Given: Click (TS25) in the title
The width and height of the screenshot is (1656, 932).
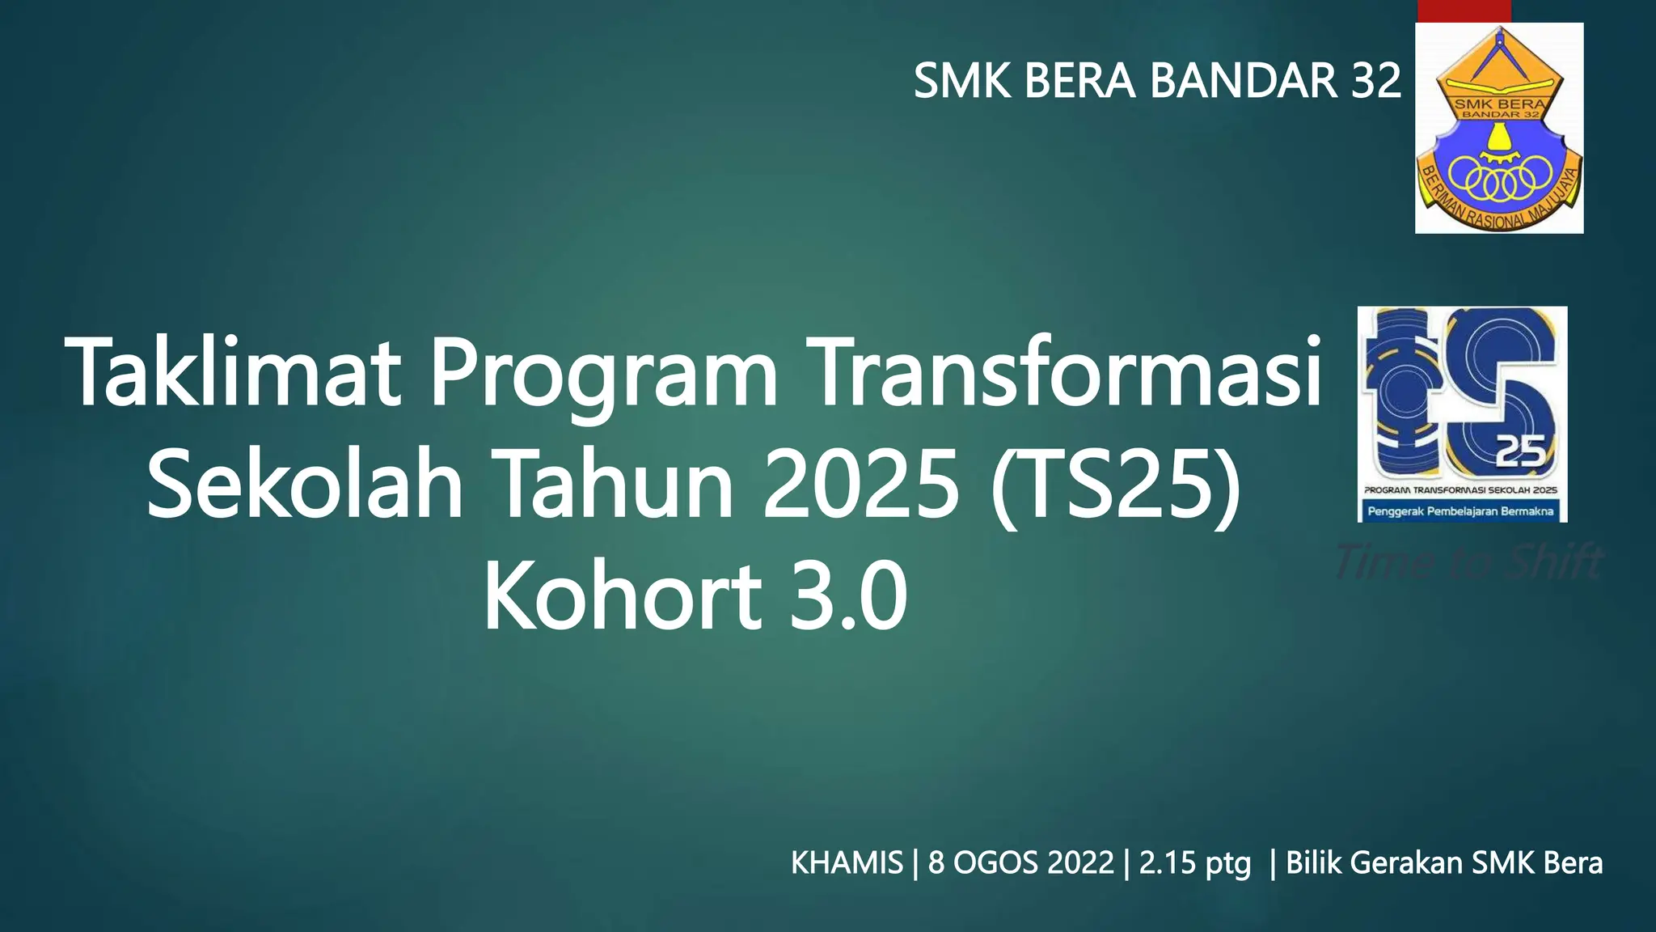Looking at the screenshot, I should (x=1116, y=485).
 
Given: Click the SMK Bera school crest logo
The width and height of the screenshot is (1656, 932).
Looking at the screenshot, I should (x=1498, y=128).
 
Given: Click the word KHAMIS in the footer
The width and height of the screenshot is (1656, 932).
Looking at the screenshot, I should (x=846, y=863).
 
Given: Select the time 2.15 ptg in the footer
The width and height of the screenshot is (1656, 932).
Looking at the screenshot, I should (x=1194, y=863).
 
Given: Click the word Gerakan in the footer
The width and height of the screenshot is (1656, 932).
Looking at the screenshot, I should (x=1407, y=863).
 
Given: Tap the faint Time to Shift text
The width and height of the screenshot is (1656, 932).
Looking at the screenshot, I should (x=1468, y=562).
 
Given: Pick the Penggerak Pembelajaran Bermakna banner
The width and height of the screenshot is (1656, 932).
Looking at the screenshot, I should (x=1461, y=511).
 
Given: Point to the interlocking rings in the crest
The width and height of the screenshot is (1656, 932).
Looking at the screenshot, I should (x=1500, y=180).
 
